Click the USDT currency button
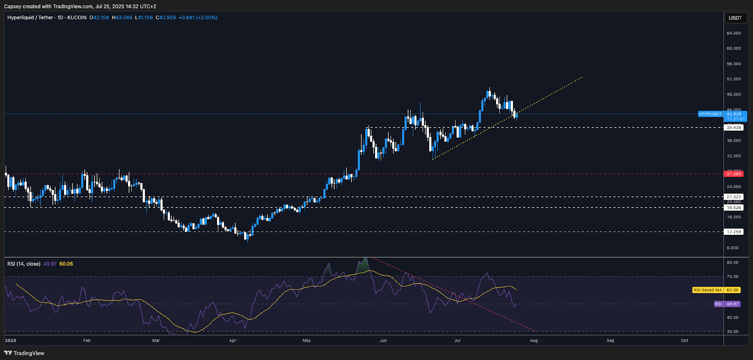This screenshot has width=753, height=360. click(735, 18)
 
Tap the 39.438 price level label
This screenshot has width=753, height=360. click(734, 128)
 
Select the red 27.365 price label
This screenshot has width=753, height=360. click(734, 174)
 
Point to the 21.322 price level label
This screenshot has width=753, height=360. click(734, 197)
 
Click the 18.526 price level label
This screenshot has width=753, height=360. click(734, 208)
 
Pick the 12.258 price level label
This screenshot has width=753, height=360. click(734, 232)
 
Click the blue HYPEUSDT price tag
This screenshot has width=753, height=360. click(710, 114)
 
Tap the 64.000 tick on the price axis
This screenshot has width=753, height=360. click(734, 33)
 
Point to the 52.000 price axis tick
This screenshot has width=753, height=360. click(734, 79)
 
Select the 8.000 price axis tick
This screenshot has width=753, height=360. click(732, 248)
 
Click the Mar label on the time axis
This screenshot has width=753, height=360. click(156, 340)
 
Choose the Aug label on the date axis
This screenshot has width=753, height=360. click(534, 340)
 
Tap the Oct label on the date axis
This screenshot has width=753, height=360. click(684, 340)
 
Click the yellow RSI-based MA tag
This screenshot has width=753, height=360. click(707, 290)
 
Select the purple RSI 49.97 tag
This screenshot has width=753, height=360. click(727, 304)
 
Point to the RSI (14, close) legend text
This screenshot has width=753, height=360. click(24, 264)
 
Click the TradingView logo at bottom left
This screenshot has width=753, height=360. click(24, 353)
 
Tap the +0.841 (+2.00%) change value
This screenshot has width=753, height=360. click(198, 17)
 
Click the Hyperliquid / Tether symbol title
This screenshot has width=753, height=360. click(30, 17)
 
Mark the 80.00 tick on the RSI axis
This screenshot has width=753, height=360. click(732, 262)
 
